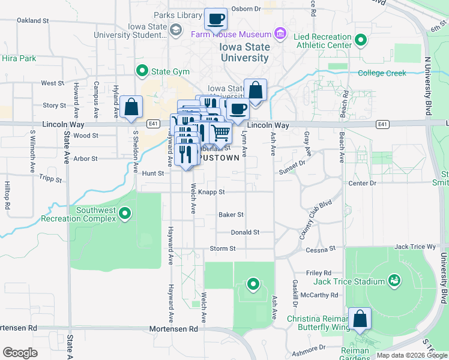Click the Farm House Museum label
(231, 34)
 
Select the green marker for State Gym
(142, 71)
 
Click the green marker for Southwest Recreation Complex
(125, 213)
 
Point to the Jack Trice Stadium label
(349, 281)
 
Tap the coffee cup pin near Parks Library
(215, 19)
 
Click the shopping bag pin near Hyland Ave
(131, 107)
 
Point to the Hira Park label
(19, 58)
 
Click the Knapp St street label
(211, 192)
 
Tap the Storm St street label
(222, 248)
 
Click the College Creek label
(382, 73)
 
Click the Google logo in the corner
(20, 353)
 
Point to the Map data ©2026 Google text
(411, 355)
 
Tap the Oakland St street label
(32, 20)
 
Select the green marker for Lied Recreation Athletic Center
(360, 41)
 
